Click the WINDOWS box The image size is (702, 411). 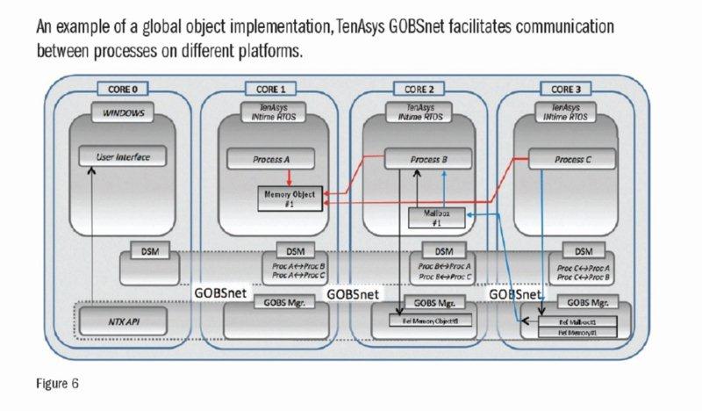[x=123, y=113]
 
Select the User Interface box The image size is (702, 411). [x=122, y=158]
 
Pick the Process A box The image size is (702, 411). [x=270, y=160]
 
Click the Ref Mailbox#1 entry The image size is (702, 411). [x=576, y=323]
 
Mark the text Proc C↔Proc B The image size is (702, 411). [x=584, y=275]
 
